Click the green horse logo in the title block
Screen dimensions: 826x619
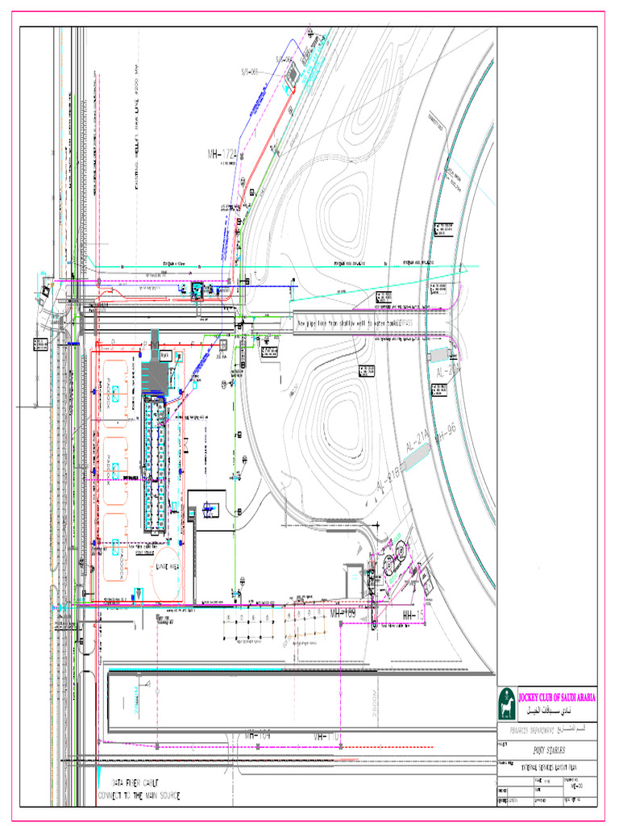coord(506,702)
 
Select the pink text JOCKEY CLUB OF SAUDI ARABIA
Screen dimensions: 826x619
coord(555,696)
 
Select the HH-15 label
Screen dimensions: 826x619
coord(413,615)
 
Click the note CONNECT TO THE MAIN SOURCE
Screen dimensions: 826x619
coord(139,795)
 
